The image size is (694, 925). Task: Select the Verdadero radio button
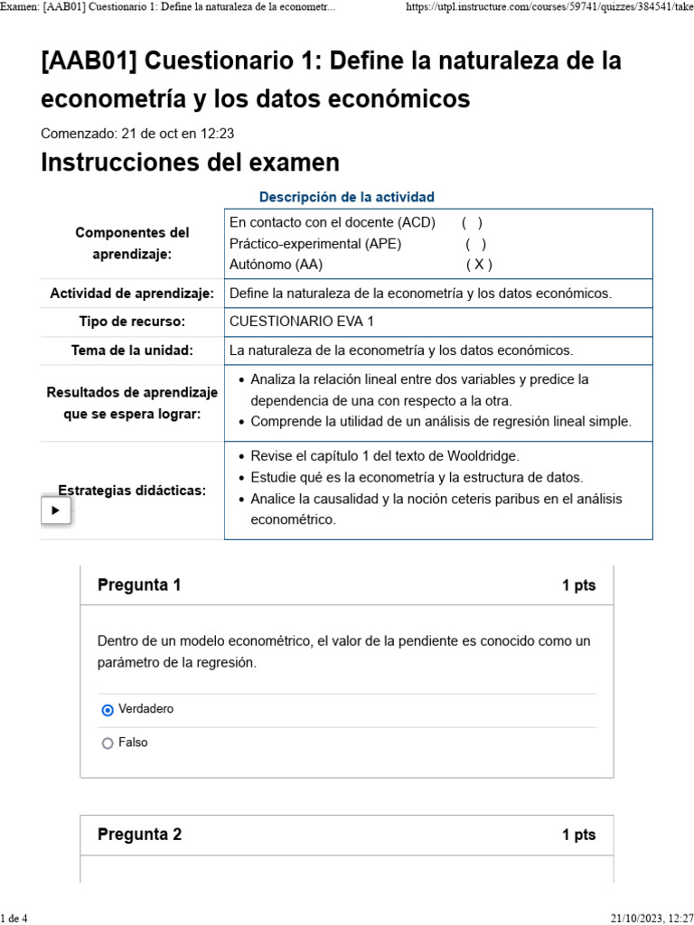point(108,710)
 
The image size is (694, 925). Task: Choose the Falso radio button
point(108,743)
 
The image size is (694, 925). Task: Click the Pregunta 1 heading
point(139,585)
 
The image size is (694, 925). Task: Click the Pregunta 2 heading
point(139,835)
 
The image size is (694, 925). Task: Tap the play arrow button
point(55,510)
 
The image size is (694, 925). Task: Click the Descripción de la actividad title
point(346,197)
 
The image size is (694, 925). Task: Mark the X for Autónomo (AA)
point(479,265)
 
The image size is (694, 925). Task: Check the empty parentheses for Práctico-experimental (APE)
point(476,244)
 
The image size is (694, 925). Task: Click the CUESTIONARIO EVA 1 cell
point(301,322)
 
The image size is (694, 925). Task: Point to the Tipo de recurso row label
point(132,322)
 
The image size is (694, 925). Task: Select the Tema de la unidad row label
point(132,350)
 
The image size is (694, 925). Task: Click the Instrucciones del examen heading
point(191,163)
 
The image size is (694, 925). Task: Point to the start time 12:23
point(217,134)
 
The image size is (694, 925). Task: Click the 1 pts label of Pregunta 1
point(578,585)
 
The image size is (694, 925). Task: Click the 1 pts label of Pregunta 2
point(578,835)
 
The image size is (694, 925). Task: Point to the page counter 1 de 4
point(14,918)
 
